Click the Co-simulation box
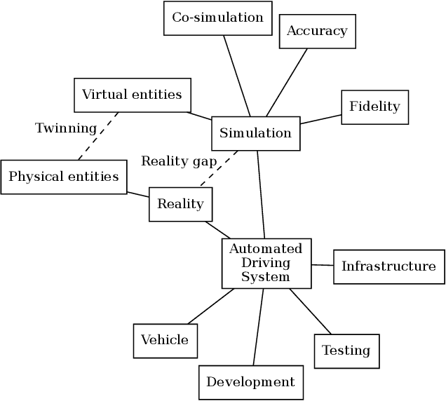(x=217, y=18)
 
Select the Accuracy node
(x=317, y=32)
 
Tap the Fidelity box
(x=374, y=107)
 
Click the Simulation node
(x=255, y=133)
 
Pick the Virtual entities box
(x=132, y=95)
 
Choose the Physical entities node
(x=64, y=177)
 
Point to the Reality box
(x=180, y=204)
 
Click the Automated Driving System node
(x=266, y=263)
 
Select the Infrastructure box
(x=388, y=266)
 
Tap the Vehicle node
(x=165, y=341)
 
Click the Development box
(x=251, y=382)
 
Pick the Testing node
(x=346, y=351)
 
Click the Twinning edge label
(x=65, y=128)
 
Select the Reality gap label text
(x=179, y=161)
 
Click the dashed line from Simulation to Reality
(x=218, y=169)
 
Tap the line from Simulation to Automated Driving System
(x=261, y=194)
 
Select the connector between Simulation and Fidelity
(x=320, y=119)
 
